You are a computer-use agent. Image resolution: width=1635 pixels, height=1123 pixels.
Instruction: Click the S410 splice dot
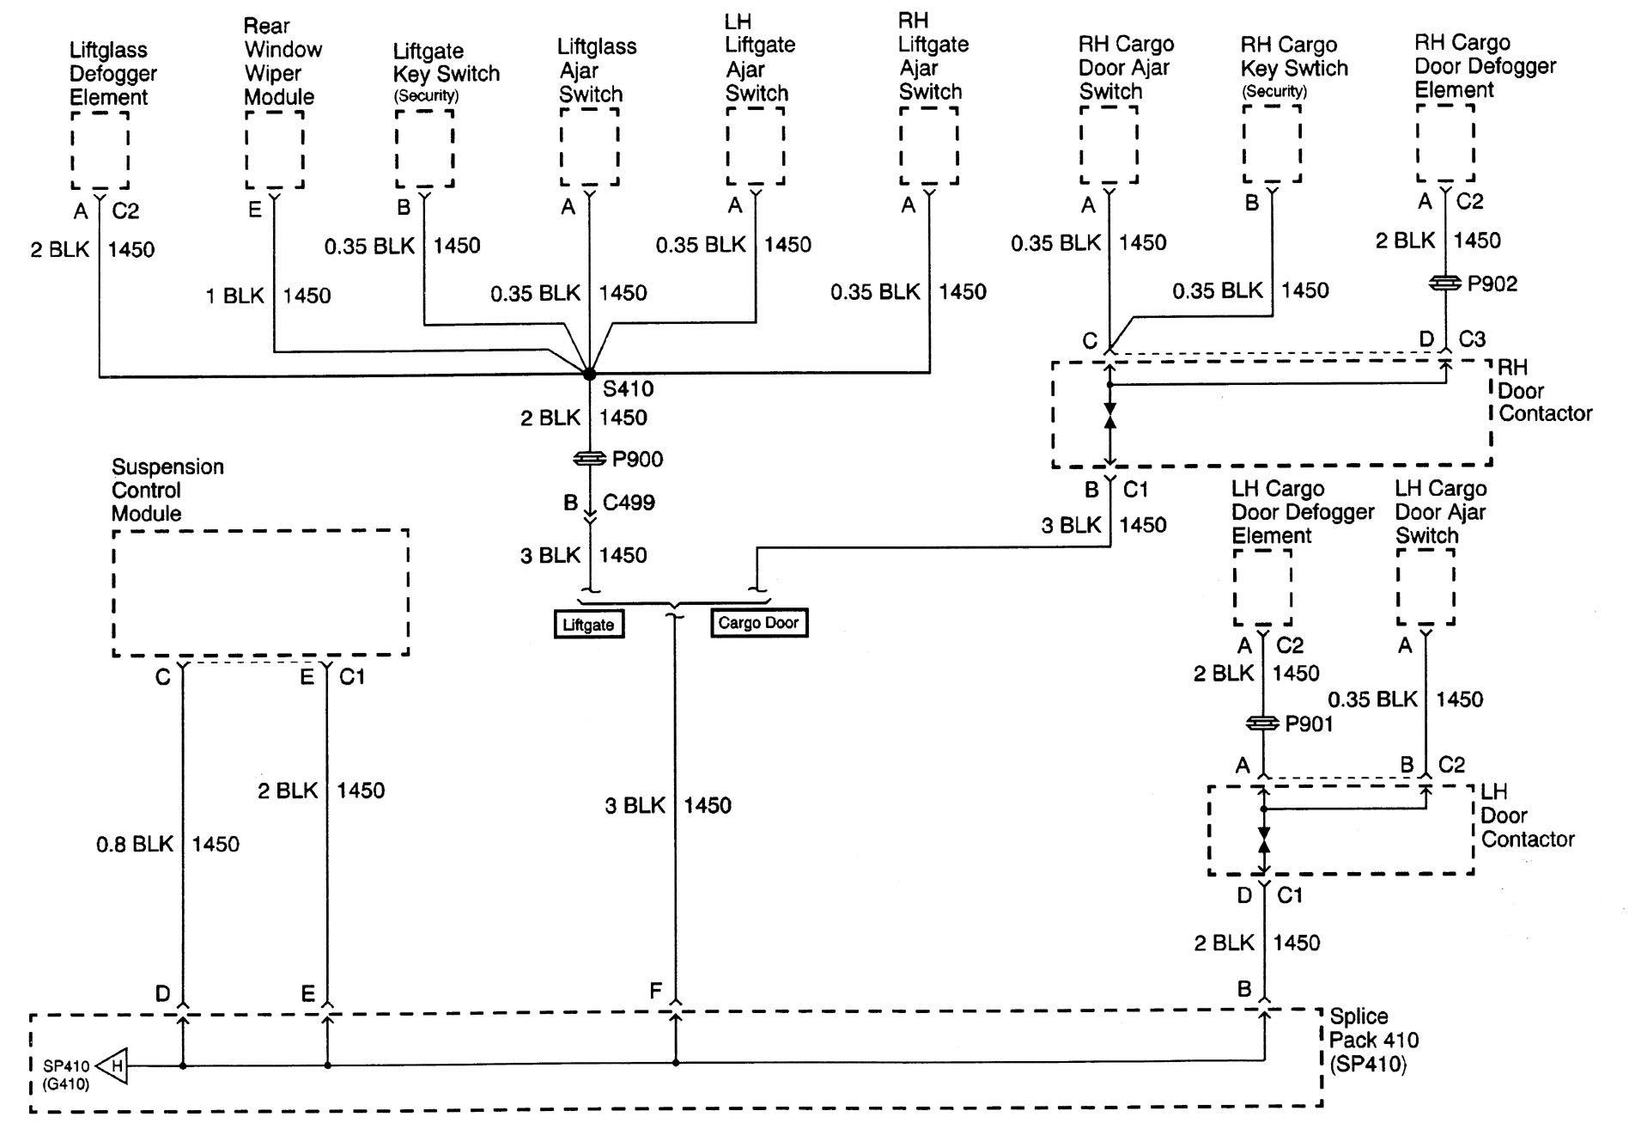pos(589,375)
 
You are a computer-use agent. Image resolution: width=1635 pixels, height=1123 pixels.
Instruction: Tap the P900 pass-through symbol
pos(590,460)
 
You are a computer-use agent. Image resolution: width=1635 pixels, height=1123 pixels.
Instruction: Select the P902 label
pos(1492,284)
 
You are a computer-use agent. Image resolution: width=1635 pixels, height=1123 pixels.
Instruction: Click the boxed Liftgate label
pos(588,625)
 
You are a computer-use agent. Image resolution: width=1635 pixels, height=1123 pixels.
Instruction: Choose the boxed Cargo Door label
pos(759,623)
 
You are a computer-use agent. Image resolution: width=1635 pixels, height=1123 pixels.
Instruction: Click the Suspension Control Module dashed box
pos(260,593)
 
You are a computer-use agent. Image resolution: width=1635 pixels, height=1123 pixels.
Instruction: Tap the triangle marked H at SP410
pos(112,1067)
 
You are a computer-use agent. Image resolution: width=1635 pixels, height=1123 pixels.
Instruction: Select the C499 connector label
pos(629,503)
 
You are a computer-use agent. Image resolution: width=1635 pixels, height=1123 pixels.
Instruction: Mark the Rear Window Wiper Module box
pos(275,149)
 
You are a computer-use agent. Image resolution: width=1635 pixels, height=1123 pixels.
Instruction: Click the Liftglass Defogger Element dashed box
pos(100,150)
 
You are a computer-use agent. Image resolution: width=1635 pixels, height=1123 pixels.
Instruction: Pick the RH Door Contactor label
pos(1543,390)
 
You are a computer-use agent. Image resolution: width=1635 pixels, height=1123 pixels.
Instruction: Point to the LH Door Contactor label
pos(1526,815)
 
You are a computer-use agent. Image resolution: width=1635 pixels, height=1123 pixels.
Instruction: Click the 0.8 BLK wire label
pos(135,845)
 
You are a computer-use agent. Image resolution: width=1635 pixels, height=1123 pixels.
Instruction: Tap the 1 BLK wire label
pos(234,296)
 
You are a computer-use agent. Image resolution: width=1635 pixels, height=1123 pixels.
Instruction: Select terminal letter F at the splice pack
pos(655,992)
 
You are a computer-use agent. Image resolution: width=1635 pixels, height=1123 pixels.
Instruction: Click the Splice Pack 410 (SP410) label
pos(1372,1041)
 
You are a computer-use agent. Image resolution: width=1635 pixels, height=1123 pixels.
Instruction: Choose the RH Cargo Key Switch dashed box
pos(1272,143)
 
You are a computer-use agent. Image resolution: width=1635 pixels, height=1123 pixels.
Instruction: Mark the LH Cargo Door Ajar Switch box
pos(1425,587)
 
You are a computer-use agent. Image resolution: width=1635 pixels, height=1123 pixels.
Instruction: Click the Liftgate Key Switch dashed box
pos(424,147)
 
